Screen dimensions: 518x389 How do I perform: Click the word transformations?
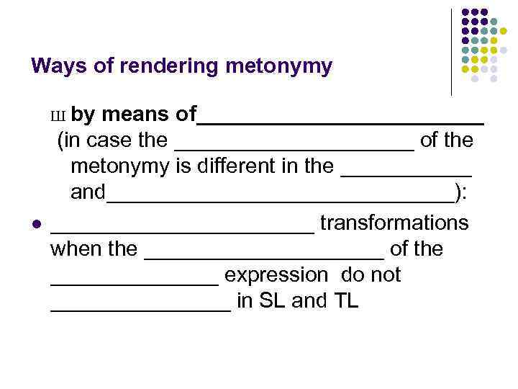pos(394,223)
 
